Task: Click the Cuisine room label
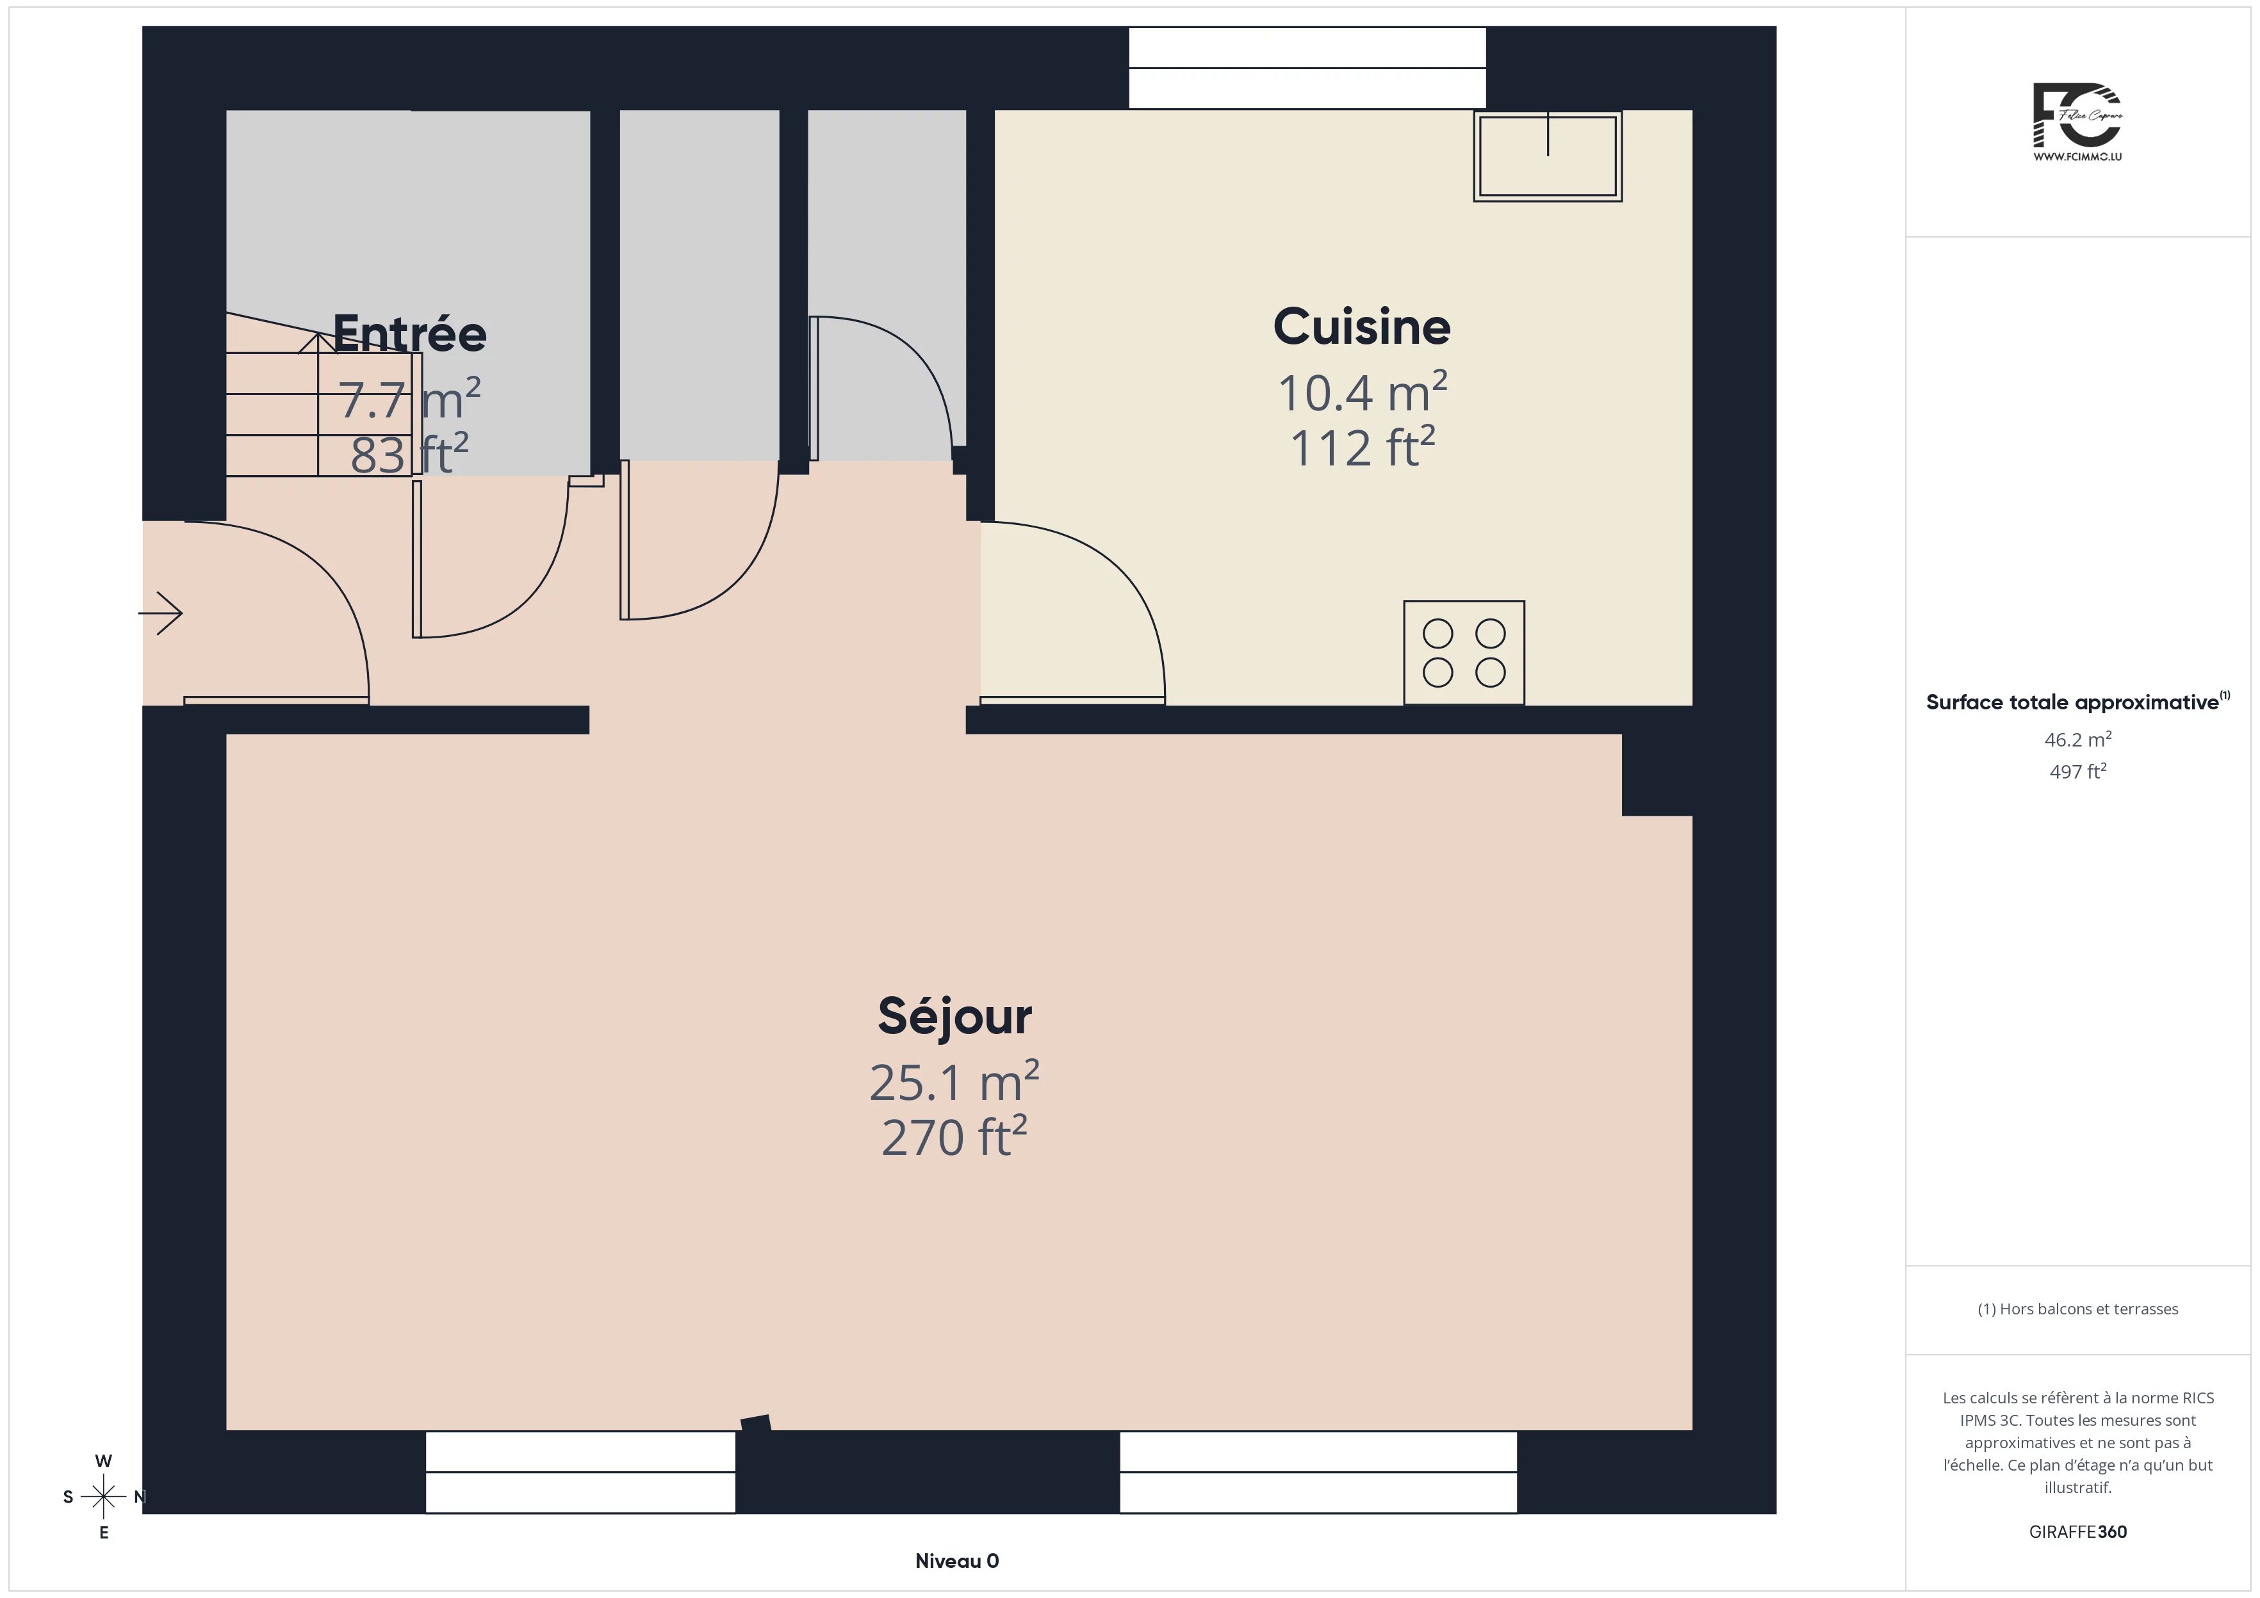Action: coord(1361,327)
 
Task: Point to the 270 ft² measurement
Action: coord(954,1136)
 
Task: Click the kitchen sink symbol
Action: coord(1548,156)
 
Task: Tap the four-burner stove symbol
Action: coord(1464,652)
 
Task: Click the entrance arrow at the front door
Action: coord(160,613)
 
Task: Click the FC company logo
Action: coord(2077,123)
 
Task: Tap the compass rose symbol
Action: coord(103,1497)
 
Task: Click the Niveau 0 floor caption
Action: coord(957,1561)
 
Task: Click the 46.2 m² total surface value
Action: coord(2078,739)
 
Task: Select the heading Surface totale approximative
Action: coord(2073,702)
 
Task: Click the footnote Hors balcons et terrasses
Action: coord(2078,1309)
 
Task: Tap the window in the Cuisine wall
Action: coord(1307,68)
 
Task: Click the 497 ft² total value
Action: coord(2078,771)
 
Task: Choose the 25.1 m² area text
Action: coord(954,1081)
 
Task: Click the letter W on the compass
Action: coord(103,1461)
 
